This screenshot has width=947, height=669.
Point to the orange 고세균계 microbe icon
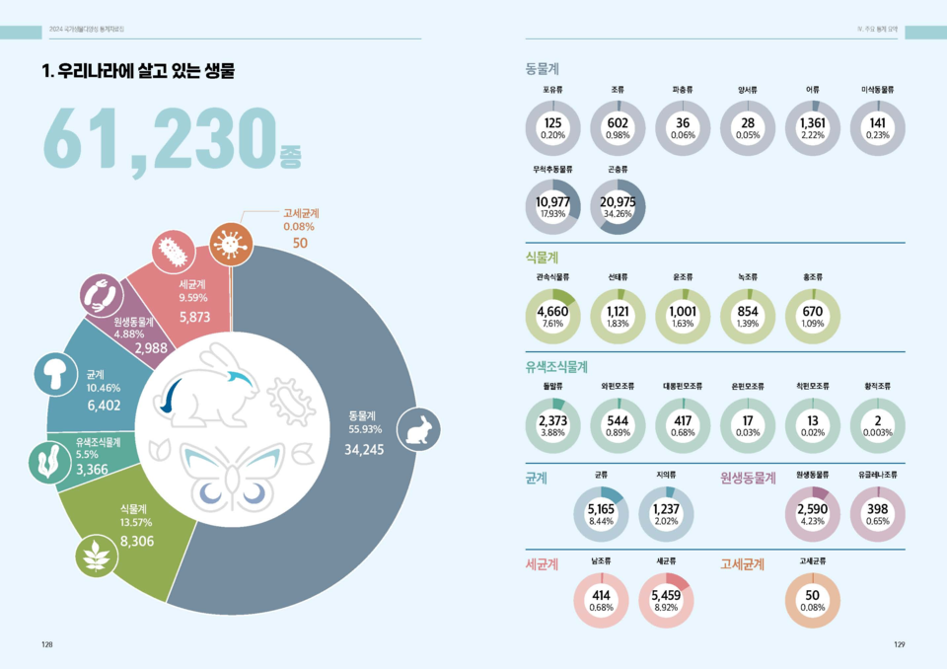pos(230,243)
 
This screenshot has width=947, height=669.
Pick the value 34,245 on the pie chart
pos(364,450)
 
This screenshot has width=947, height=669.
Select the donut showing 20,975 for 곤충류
pos(618,205)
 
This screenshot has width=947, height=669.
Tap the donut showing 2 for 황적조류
pos(877,425)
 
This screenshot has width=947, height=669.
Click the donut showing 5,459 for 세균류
pos(665,599)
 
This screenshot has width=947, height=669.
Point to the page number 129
pos(899,644)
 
